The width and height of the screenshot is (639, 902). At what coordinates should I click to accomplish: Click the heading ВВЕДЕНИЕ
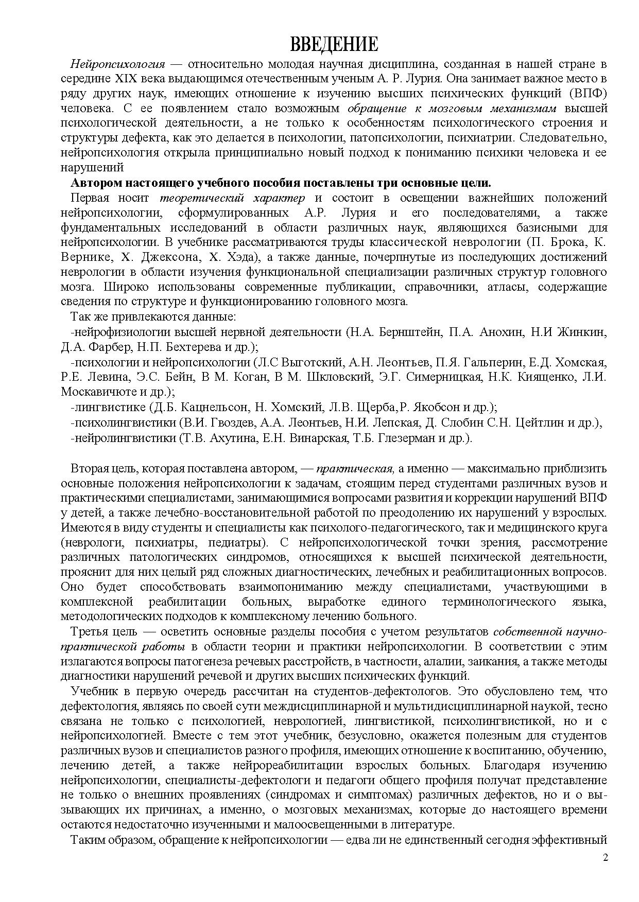click(334, 44)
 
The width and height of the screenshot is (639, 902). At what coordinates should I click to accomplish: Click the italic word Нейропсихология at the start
click(117, 64)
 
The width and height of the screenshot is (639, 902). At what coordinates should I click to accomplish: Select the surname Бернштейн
click(410, 332)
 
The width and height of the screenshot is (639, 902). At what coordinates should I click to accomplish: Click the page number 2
click(606, 858)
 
